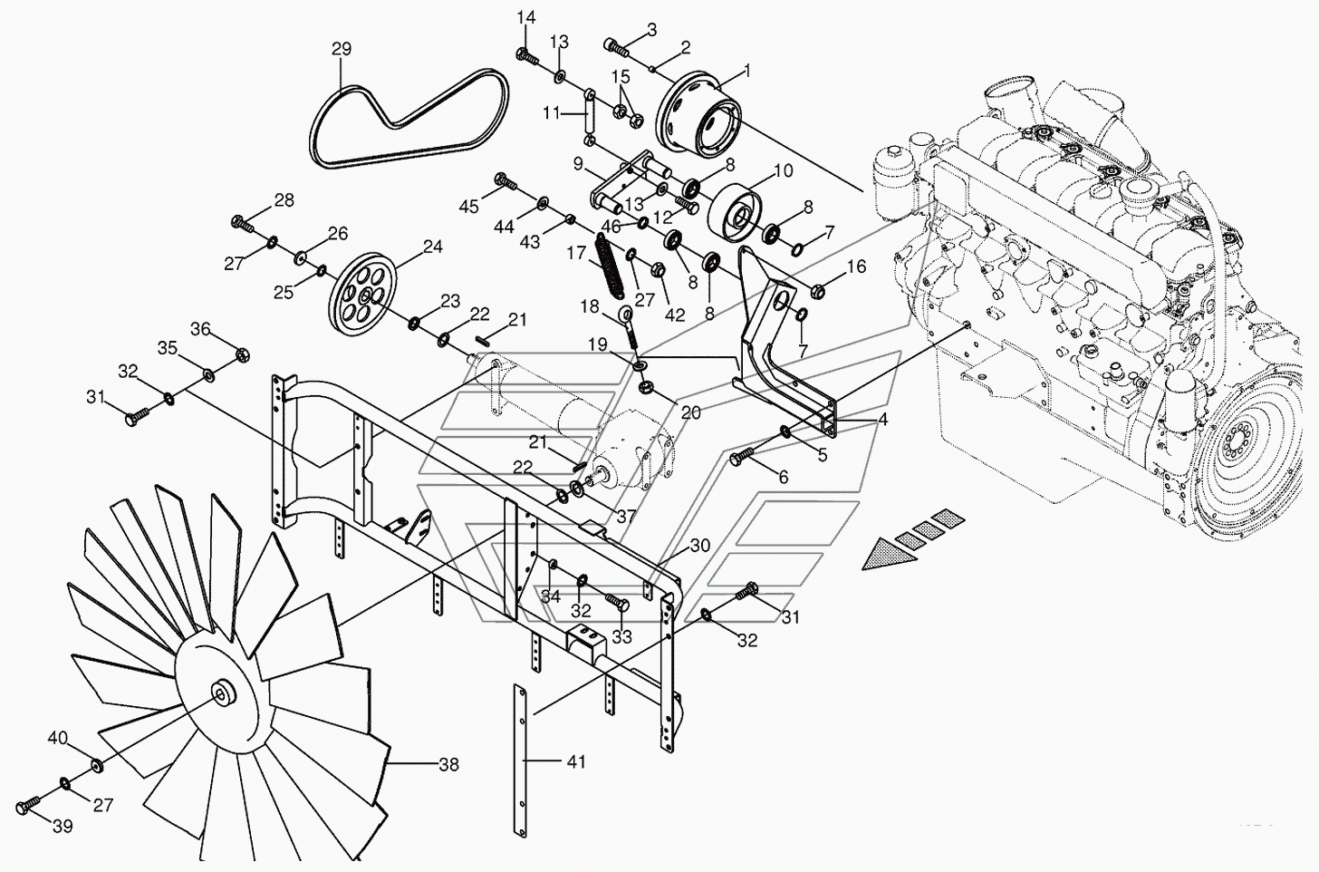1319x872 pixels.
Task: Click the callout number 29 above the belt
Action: (341, 49)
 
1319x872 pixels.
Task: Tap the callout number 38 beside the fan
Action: (448, 765)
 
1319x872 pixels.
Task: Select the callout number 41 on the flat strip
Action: (576, 762)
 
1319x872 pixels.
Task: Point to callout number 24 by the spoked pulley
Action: (432, 247)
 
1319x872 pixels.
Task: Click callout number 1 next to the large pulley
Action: (748, 69)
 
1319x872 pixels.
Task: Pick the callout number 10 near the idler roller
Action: (783, 170)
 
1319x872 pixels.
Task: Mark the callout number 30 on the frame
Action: (700, 546)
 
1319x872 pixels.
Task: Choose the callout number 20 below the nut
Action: (691, 412)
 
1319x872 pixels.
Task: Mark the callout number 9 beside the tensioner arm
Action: (577, 164)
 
